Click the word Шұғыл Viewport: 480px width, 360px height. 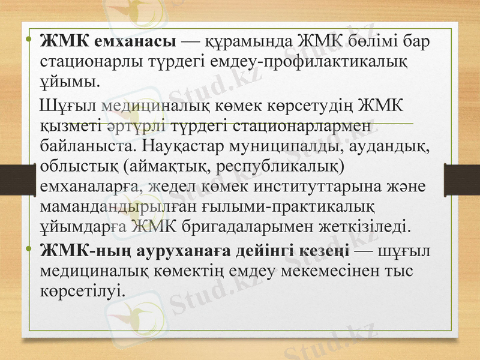click(67, 106)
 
